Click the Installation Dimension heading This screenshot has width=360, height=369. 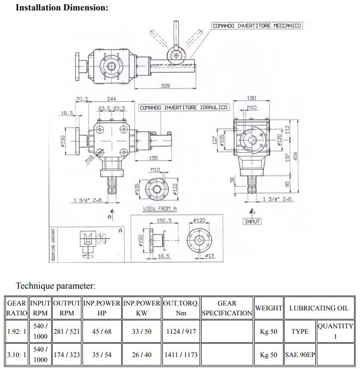click(62, 8)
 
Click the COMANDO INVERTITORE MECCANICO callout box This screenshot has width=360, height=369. click(256, 25)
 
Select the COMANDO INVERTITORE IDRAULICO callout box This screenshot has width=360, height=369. click(183, 107)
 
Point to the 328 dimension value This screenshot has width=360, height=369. click(165, 86)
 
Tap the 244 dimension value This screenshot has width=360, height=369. click(112, 99)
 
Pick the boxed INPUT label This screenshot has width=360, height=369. click(252, 221)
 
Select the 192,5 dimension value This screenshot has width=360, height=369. click(164, 221)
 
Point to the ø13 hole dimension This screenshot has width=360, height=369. click(210, 256)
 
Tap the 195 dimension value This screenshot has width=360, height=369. click(152, 158)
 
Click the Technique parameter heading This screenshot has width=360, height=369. click(56, 286)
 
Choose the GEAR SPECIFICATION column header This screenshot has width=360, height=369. click(227, 308)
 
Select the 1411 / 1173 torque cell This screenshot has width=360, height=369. click(181, 355)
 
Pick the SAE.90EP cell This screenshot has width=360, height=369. click(299, 355)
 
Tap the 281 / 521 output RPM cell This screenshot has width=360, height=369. click(67, 331)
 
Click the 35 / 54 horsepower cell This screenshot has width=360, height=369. click(101, 355)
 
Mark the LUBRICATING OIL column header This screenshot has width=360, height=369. click(319, 308)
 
